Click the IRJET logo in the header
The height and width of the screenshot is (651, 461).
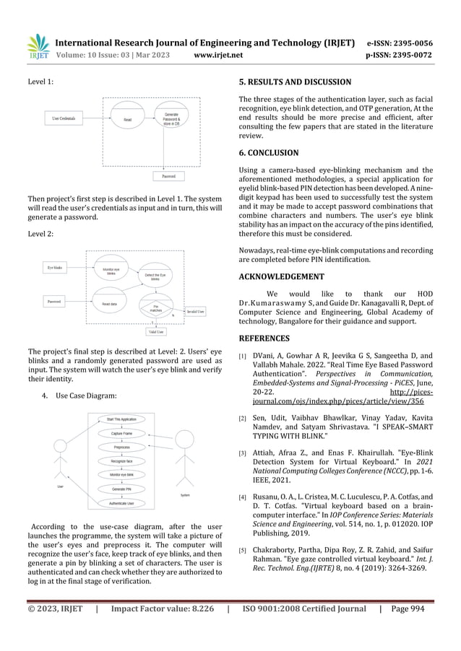tap(38, 46)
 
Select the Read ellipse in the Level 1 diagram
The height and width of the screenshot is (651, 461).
tap(127, 120)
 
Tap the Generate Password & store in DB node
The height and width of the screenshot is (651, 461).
tap(171, 119)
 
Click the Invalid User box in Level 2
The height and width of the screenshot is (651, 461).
tap(195, 311)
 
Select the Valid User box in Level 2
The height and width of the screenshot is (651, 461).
tap(155, 332)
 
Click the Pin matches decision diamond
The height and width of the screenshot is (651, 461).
tap(155, 306)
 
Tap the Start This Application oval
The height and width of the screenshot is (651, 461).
tap(121, 419)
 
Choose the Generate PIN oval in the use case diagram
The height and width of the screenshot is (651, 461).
tap(121, 489)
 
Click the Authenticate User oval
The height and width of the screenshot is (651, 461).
tap(121, 502)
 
